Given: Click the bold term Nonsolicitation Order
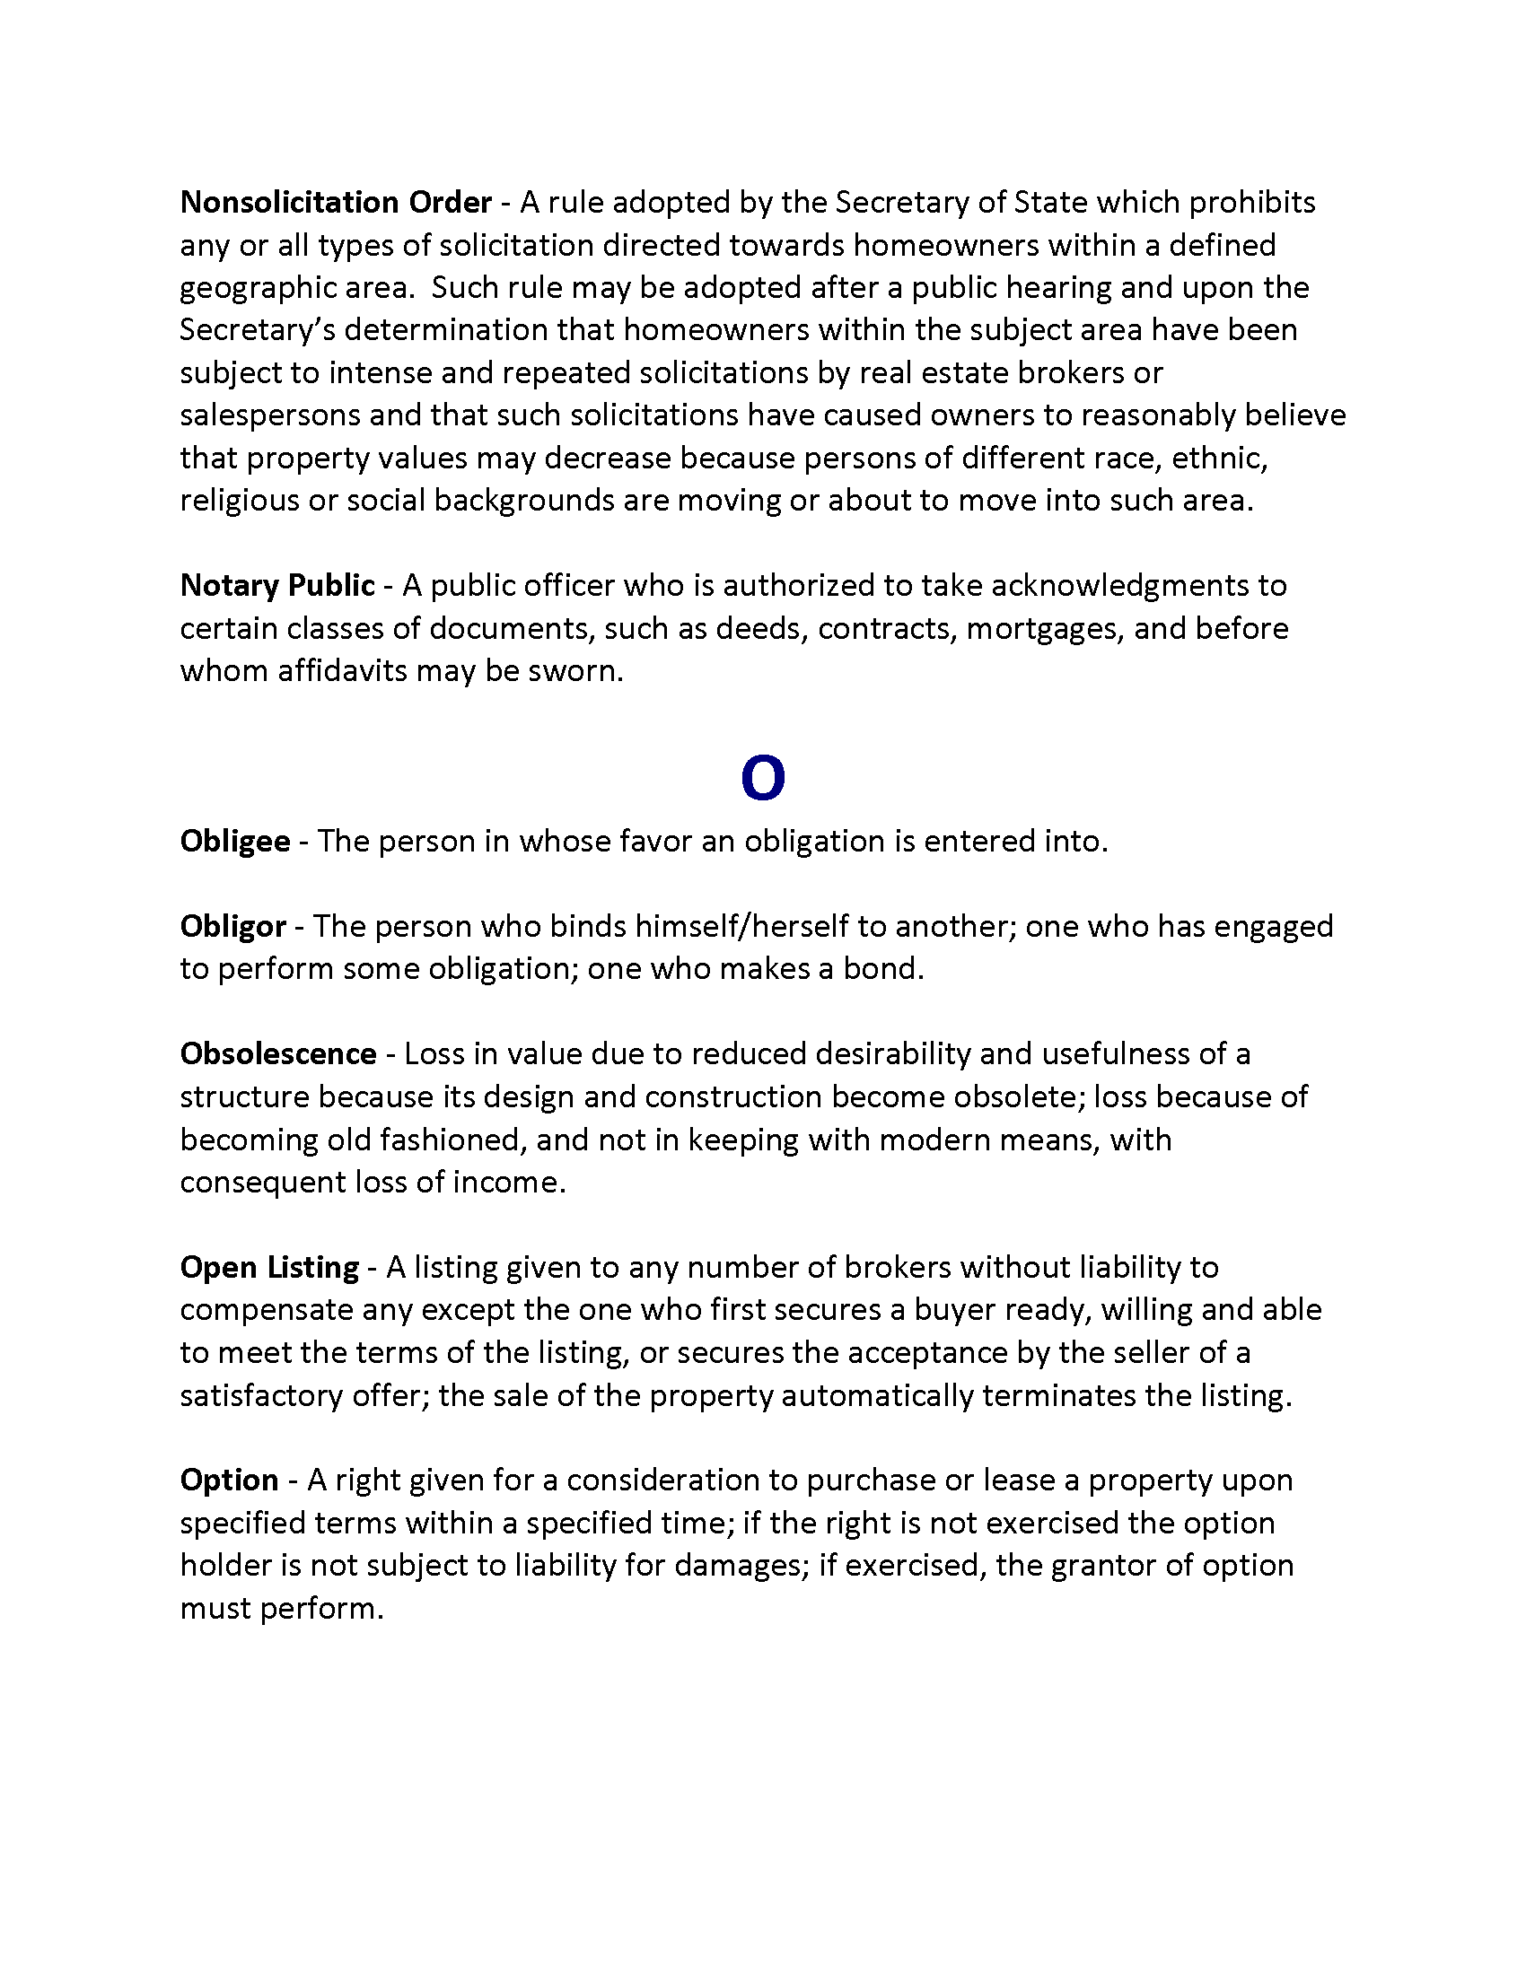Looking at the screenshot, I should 336,202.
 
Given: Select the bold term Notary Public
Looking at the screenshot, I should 276,586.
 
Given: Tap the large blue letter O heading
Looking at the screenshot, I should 762,779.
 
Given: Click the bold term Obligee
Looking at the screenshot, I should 235,842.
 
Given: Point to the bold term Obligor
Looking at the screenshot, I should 233,927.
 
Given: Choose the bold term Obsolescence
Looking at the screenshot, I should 277,1054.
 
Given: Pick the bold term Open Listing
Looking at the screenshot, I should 269,1267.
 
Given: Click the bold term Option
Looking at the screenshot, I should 229,1480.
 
